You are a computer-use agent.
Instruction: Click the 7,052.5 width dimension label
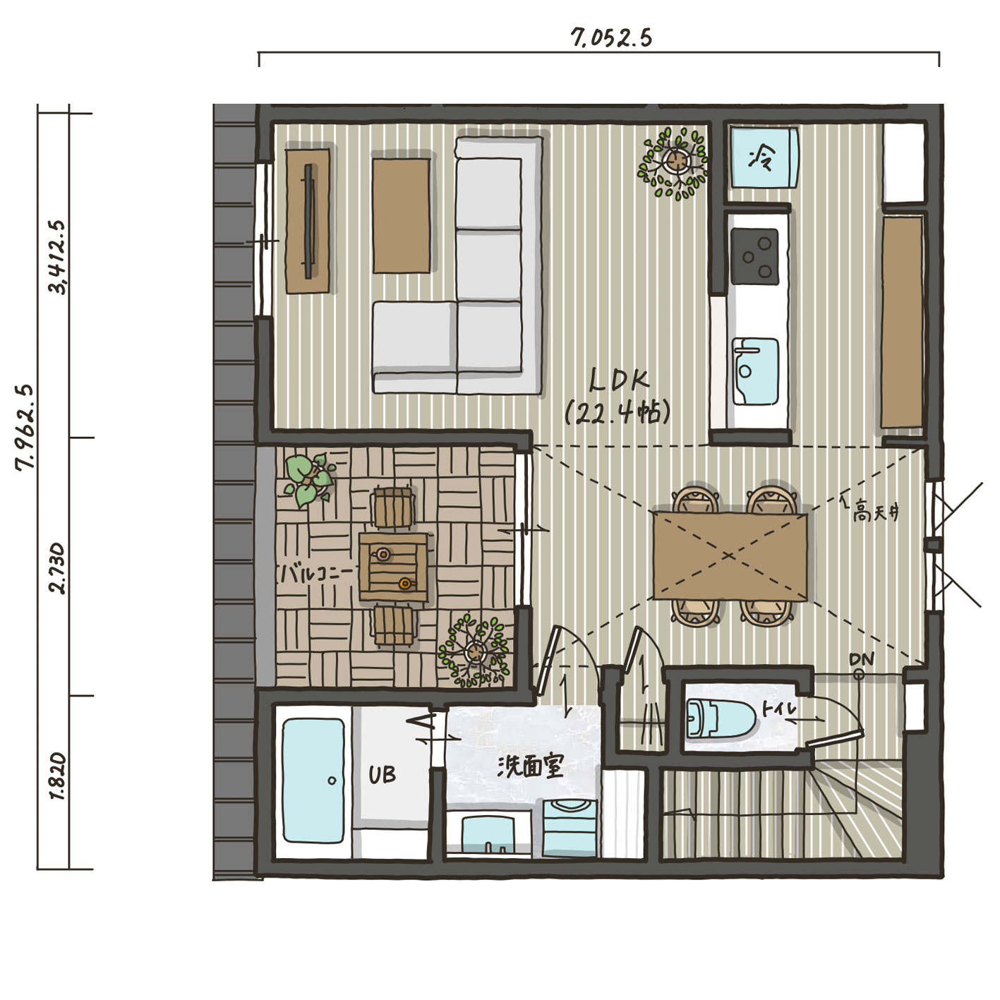click(611, 38)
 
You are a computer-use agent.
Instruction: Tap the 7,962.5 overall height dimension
click(25, 426)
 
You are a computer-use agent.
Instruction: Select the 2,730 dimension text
click(57, 568)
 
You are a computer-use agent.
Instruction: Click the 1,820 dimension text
click(58, 776)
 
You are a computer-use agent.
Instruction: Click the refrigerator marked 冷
click(764, 157)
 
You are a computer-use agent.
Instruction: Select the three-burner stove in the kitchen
click(754, 257)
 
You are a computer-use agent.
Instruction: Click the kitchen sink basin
click(755, 371)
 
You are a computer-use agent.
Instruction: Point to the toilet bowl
click(721, 718)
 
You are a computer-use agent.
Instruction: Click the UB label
click(382, 775)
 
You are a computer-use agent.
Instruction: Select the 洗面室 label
click(531, 766)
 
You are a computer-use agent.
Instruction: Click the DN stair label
click(862, 659)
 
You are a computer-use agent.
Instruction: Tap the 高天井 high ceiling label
click(876, 514)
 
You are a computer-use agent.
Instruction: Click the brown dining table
click(730, 556)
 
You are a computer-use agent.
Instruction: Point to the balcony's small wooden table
click(393, 567)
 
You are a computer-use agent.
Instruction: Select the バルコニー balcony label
click(318, 574)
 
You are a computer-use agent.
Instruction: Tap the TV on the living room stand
click(310, 221)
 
